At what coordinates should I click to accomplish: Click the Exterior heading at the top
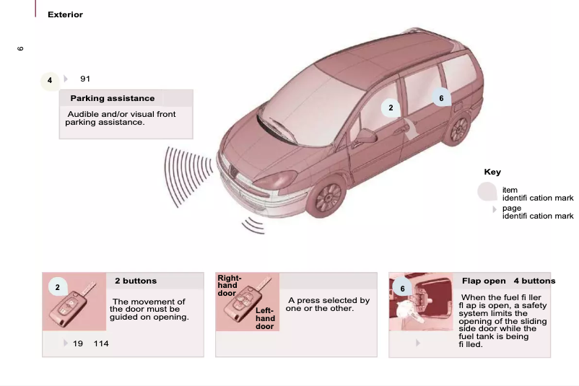pyautogui.click(x=65, y=14)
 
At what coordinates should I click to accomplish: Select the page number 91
pyautogui.click(x=85, y=79)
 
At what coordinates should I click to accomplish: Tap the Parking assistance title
pyautogui.click(x=112, y=98)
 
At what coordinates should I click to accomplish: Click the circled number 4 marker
pyautogui.click(x=50, y=80)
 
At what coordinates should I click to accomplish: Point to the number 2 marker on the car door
pyautogui.click(x=391, y=108)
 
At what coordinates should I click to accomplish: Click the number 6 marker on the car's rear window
pyautogui.click(x=441, y=98)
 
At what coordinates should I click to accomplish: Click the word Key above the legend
pyautogui.click(x=492, y=172)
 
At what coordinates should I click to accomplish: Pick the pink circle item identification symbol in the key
pyautogui.click(x=488, y=191)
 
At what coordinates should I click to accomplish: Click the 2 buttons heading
pyautogui.click(x=136, y=281)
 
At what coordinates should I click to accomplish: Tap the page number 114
pyautogui.click(x=101, y=343)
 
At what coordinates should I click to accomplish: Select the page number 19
pyautogui.click(x=78, y=343)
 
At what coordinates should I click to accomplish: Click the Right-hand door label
pyautogui.click(x=229, y=286)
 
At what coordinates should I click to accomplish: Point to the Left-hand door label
pyautogui.click(x=265, y=318)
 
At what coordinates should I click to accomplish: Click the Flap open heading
pyautogui.click(x=484, y=281)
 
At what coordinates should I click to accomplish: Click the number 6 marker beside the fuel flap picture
pyautogui.click(x=403, y=289)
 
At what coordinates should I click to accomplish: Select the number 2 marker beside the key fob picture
pyautogui.click(x=57, y=288)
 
